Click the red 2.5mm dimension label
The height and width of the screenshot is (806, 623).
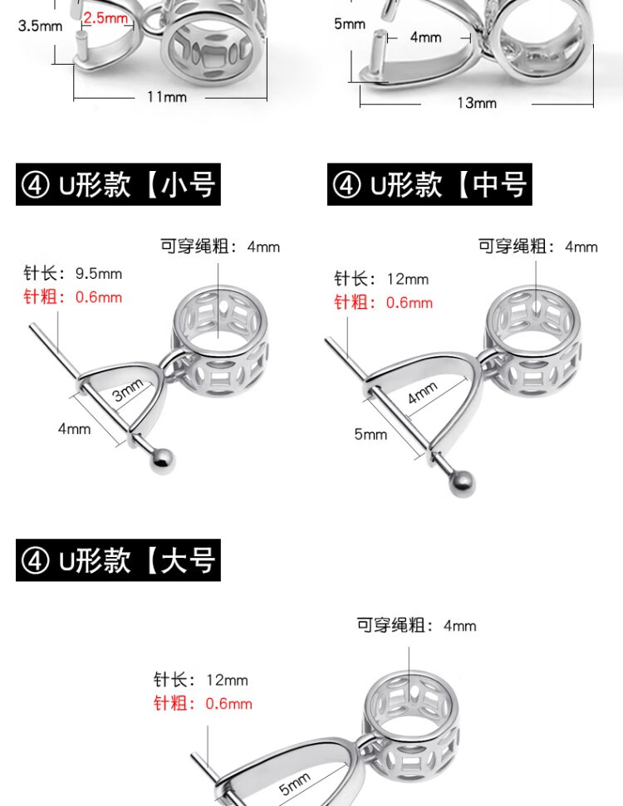105,18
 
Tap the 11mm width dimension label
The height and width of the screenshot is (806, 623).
167,96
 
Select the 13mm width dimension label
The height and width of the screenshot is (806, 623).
477,103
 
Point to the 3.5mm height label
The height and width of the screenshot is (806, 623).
40,26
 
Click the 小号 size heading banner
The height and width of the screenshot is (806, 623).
118,184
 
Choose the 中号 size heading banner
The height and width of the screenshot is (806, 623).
429,184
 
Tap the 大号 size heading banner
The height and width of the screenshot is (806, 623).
118,560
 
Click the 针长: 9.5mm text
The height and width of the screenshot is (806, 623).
72,273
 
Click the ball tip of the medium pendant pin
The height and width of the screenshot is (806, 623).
461,484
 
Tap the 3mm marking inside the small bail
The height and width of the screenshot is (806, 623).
128,390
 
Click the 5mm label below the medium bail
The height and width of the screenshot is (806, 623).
370,434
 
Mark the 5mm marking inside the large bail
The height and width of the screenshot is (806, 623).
295,784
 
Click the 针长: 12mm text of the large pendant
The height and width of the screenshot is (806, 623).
201,680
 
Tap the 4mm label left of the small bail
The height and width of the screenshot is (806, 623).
74,428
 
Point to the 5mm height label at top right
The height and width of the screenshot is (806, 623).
350,23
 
